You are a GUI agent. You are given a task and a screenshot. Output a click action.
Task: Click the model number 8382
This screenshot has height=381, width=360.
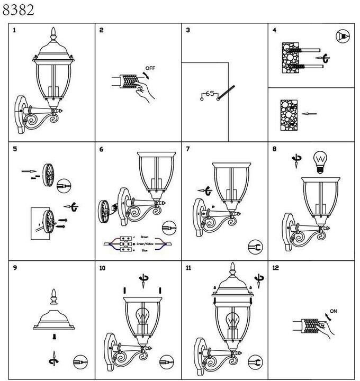click(19, 10)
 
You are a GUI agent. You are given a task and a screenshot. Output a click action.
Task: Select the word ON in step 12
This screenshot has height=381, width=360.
click(334, 311)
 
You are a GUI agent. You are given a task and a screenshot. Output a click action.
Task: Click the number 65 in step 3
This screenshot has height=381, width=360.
click(209, 94)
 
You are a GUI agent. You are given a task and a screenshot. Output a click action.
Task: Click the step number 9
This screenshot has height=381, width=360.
click(15, 268)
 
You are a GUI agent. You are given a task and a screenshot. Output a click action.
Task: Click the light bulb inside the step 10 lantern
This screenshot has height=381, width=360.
click(142, 317)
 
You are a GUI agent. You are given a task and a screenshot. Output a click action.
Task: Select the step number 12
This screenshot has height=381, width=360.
click(275, 268)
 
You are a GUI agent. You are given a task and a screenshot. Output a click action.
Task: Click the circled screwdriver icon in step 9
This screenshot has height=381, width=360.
click(80, 361)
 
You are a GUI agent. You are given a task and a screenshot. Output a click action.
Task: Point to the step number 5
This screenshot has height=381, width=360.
click(15, 149)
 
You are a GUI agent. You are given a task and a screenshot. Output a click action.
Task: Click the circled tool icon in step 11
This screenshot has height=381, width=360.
click(255, 361)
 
